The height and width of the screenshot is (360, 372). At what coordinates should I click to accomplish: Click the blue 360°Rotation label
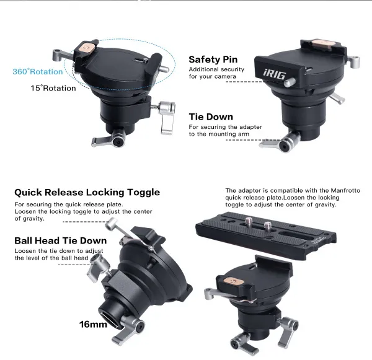[38, 71]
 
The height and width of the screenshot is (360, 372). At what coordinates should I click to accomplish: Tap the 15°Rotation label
[53, 88]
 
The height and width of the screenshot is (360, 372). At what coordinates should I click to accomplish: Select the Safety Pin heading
[213, 59]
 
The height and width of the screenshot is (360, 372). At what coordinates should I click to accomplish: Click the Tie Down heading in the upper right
[211, 116]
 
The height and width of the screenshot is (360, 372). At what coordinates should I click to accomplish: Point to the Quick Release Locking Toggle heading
[87, 192]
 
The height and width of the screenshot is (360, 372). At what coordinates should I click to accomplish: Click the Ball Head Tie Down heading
[61, 240]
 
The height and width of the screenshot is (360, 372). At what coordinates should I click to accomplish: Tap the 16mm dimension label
[93, 324]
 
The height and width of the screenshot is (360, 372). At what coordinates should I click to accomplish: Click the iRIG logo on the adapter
[274, 74]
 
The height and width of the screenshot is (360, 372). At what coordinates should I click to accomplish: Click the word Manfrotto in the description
[345, 190]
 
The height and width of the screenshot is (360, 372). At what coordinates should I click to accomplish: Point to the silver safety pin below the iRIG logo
[290, 82]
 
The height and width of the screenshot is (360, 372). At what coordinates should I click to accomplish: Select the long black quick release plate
[266, 235]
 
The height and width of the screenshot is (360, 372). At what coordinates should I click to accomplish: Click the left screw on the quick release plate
[249, 222]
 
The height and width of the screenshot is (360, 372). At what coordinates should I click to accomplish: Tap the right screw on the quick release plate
[268, 227]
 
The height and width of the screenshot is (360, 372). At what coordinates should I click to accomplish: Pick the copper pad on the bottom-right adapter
[234, 282]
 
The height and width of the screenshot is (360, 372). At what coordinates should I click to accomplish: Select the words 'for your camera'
[213, 76]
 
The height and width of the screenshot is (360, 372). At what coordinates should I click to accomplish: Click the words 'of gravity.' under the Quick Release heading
[29, 219]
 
